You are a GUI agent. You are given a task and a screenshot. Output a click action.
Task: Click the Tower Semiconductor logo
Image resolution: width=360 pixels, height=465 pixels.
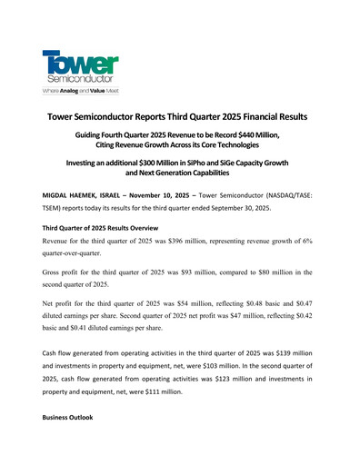(80, 65)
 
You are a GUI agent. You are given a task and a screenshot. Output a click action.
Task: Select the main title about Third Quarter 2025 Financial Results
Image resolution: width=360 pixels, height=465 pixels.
(180, 118)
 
